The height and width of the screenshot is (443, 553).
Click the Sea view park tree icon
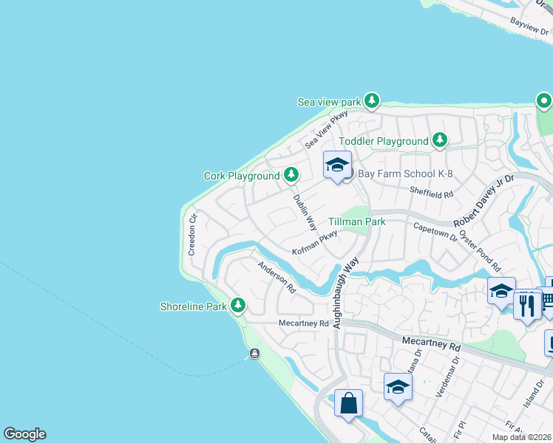(371, 100)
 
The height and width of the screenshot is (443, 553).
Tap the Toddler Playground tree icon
(440, 140)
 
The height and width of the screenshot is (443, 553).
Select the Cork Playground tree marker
(292, 175)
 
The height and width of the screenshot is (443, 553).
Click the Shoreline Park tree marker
(237, 305)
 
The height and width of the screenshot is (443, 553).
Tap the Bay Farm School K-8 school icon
(337, 165)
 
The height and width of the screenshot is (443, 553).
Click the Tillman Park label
(357, 221)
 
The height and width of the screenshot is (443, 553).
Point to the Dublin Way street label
(305, 212)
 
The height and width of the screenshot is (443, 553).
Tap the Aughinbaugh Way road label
(345, 292)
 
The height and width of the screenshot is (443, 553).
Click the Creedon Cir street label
(192, 234)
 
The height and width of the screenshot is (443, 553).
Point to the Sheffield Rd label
(430, 193)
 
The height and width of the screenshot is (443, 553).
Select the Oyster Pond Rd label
(480, 250)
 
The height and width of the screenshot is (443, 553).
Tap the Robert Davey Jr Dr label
(489, 200)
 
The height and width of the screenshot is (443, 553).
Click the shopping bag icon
(349, 404)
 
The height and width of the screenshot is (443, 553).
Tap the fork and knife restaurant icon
(527, 305)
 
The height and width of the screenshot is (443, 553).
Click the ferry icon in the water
(254, 354)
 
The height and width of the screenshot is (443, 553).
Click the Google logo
(25, 434)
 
